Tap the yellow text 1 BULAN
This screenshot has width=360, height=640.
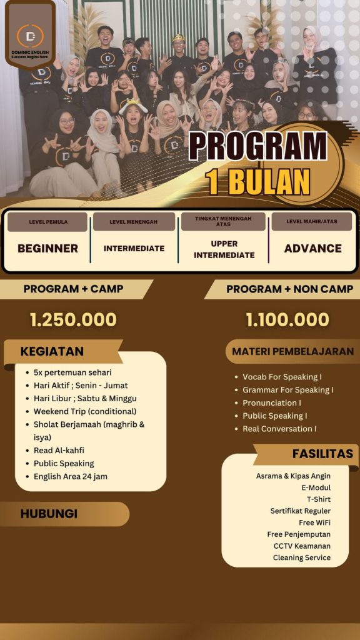click(258, 181)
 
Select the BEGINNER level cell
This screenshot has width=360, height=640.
click(47, 248)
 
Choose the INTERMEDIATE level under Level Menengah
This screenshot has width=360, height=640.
click(134, 248)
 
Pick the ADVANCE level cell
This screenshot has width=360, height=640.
click(312, 248)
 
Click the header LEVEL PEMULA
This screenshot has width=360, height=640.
click(48, 222)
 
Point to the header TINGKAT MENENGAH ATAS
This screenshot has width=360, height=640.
click(223, 221)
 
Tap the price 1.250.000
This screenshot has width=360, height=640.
click(73, 319)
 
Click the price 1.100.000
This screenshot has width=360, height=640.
click(287, 319)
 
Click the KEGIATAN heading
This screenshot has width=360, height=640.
click(52, 351)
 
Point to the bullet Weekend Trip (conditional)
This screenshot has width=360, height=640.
click(85, 411)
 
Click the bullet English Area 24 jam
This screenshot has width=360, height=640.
click(71, 476)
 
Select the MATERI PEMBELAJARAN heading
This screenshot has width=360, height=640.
click(292, 351)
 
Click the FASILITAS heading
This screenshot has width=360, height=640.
click(322, 454)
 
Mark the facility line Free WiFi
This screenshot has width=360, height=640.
click(315, 522)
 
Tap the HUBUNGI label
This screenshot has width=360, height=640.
click(49, 514)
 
